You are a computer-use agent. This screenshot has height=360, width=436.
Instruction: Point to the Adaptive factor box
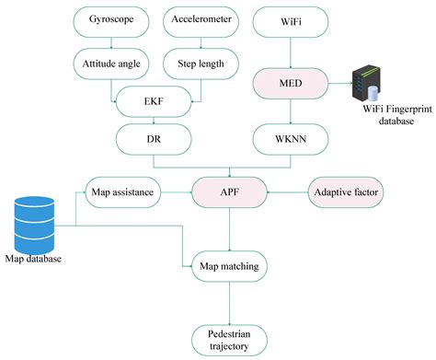pyautogui.click(x=347, y=192)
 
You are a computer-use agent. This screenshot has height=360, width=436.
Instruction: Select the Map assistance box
pyautogui.click(x=123, y=192)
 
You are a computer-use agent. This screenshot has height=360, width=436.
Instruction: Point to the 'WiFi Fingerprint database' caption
pyautogui.click(x=382, y=119)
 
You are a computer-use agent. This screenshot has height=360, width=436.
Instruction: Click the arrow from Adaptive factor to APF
pyautogui.click(x=284, y=192)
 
